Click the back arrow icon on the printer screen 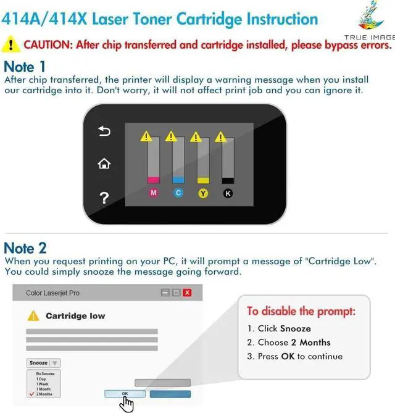coord(104,131)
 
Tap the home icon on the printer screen coord(104,164)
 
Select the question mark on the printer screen coord(104,198)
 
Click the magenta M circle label coord(154,193)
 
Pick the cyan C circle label coord(178,193)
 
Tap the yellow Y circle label coord(202,193)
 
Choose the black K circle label coord(227,193)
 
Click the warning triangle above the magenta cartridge coord(146,136)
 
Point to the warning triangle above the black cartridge coord(220,136)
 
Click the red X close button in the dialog coord(187,293)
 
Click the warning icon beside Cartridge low coord(33,315)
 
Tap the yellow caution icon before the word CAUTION coord(10,44)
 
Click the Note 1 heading coord(25,66)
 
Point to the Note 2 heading coord(25,248)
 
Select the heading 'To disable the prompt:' coord(301,311)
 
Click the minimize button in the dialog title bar coord(165,293)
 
